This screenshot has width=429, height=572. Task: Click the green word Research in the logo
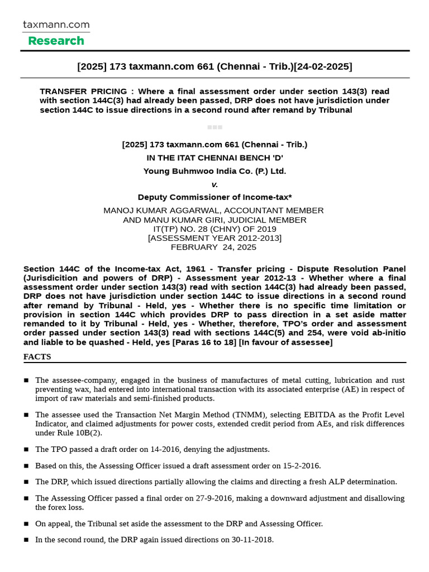coord(56,41)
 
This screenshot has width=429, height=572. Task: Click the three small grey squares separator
coord(214,127)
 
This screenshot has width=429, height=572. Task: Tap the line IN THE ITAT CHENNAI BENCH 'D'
coord(214,158)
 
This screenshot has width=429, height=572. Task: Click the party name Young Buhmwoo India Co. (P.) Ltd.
coord(214,171)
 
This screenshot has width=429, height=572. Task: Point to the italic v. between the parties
coord(214,184)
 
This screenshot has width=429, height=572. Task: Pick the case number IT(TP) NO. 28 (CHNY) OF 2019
coord(214,229)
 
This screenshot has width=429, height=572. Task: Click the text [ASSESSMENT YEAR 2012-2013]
coord(214,238)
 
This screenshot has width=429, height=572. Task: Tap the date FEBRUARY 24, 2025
coord(214,247)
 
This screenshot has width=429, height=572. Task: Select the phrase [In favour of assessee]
coord(285,342)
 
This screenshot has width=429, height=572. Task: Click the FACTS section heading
coord(37,356)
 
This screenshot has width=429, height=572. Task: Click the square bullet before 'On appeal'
coord(26,524)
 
